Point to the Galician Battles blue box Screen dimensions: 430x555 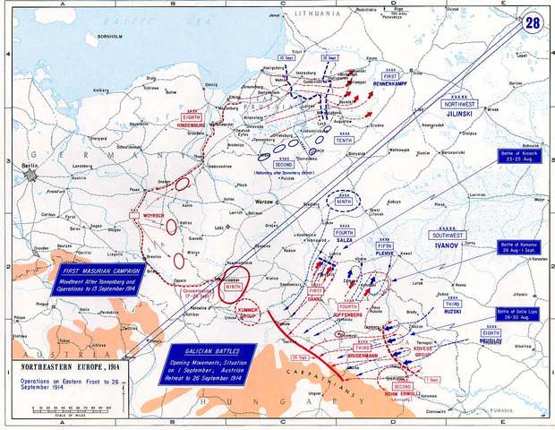(210, 360)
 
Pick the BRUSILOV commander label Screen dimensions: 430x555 (489, 341)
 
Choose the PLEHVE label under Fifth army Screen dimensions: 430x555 (384, 254)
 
